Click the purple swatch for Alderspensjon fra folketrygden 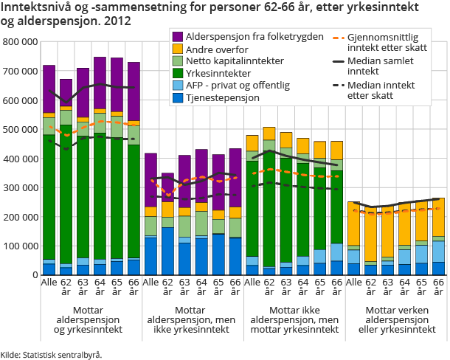[x=178, y=36]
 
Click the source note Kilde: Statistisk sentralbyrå [x=52, y=354]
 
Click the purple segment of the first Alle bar [x=49, y=89]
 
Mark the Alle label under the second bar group [x=150, y=283]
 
